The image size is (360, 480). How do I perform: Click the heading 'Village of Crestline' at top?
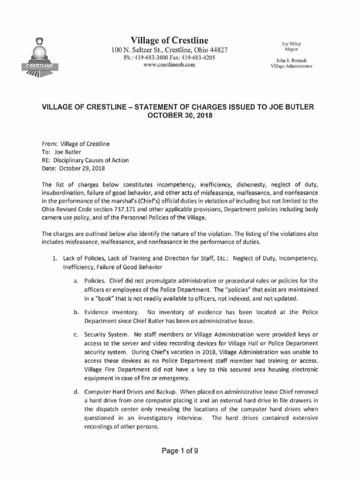tap(170, 40)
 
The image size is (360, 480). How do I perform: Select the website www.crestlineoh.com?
tap(169, 65)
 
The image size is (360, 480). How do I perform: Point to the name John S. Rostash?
tap(292, 60)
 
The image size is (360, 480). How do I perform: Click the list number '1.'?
tap(54, 258)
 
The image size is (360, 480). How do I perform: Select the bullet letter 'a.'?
tap(75, 281)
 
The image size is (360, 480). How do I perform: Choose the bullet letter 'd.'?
tap(75, 391)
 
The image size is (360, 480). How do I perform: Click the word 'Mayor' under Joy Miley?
tap(292, 49)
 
